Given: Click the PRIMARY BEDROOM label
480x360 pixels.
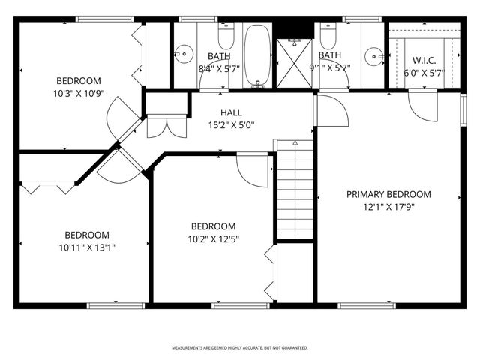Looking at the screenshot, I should click(388, 194).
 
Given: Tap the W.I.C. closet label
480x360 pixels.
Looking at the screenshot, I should click(424, 60).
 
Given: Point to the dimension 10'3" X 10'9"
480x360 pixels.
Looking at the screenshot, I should click(79, 94).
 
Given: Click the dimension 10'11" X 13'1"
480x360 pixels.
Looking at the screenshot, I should click(86, 246).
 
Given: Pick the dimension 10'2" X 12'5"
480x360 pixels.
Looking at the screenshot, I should click(214, 238).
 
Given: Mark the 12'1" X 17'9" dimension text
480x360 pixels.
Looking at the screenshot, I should click(388, 206).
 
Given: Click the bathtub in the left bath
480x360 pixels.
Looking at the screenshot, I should click(257, 54).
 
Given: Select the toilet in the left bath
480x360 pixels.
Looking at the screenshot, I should click(226, 37).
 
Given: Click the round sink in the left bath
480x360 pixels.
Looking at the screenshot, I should click(182, 54).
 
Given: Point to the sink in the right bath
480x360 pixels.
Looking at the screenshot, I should click(374, 55).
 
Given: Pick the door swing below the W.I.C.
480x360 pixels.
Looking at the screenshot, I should click(422, 106).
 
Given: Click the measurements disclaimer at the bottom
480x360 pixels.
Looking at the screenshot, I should click(240, 348).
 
